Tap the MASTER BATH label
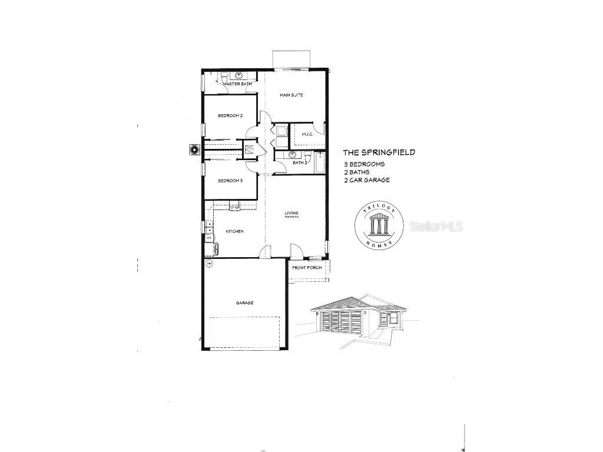point(237,85)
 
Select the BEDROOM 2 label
point(230,115)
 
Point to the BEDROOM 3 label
point(230,181)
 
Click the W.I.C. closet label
point(307,135)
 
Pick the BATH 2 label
point(300,162)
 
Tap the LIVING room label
point(291,213)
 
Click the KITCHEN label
point(234,231)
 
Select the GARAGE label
point(245,303)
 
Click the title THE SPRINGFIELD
point(379,152)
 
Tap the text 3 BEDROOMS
point(365,164)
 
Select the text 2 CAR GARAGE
point(367,180)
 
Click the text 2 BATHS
point(358,172)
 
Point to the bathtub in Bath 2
point(320,162)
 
